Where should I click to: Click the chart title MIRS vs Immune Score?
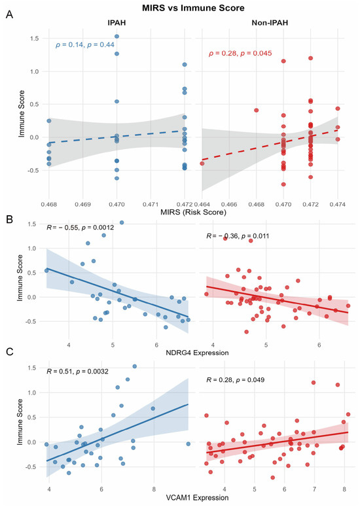tap(193, 8)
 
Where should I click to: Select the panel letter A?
tap(9, 14)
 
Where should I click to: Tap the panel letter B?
tap(9, 219)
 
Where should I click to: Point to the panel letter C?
tap(10, 351)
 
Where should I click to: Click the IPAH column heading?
tap(117, 23)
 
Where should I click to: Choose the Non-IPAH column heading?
tap(270, 23)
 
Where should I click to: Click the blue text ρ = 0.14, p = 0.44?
tap(84, 44)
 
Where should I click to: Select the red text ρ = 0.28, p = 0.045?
tap(240, 53)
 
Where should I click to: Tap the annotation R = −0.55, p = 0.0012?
tap(81, 228)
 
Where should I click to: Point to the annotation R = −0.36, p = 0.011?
tap(238, 236)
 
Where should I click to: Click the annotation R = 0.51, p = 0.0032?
tap(78, 372)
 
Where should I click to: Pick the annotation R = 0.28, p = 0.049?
tap(236, 379)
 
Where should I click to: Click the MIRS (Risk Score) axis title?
tap(194, 212)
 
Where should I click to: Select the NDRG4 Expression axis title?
tap(197, 353)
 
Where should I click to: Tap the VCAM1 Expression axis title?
tap(197, 498)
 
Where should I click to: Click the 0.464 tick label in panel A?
tap(202, 204)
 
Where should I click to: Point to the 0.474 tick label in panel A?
tap(338, 204)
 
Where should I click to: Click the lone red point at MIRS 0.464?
tap(202, 164)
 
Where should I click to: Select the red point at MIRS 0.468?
tap(256, 111)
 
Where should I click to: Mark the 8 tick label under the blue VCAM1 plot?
tap(154, 489)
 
